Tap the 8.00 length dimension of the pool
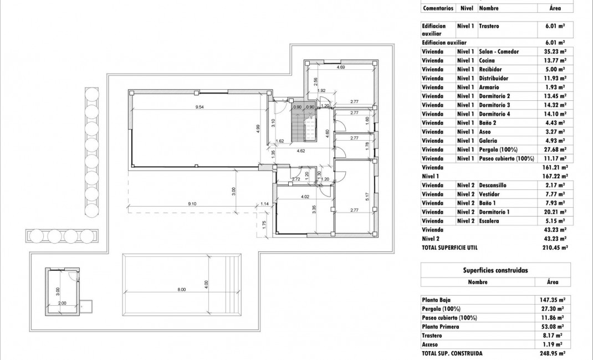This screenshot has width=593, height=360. tap(182, 290)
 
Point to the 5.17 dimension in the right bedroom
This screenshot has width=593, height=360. tap(367, 196)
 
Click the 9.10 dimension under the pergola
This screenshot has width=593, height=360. tap(192, 204)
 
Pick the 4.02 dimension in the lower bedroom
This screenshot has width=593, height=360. tap(304, 197)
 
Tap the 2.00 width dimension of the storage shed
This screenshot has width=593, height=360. tap(62, 303)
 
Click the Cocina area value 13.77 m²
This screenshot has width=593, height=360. tap(555, 60)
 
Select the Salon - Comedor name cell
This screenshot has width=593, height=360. tap(499, 52)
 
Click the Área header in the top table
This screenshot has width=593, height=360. tap(555, 8)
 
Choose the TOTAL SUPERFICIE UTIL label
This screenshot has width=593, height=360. tap(449, 248)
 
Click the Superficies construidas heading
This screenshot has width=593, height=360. tap(495, 270)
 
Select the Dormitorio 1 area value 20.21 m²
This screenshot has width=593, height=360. tap(555, 212)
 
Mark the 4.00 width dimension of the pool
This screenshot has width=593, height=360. tap(206, 283)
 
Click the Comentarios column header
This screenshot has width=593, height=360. tap(438, 8)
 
